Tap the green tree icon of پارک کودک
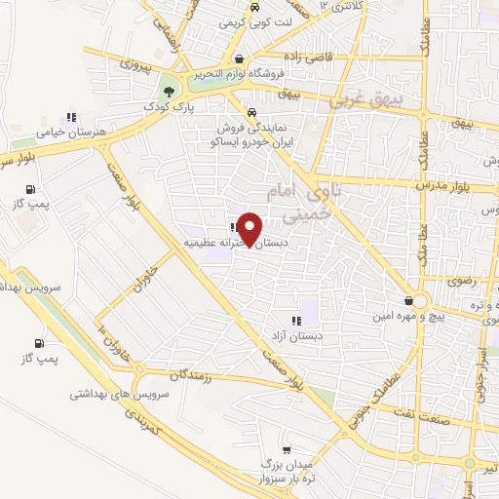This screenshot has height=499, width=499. [x=171, y=92]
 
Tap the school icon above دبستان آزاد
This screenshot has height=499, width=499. [x=295, y=321]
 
